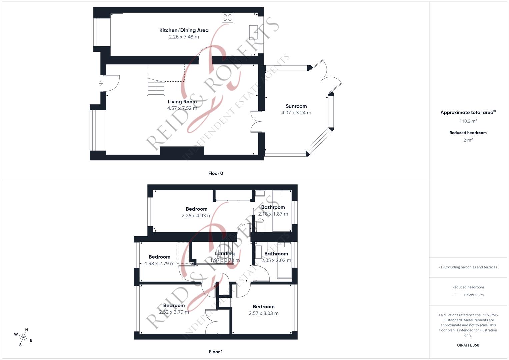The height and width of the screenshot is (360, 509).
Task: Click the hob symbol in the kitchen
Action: pos(228,18)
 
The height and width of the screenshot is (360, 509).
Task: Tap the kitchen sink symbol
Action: pos(253,33)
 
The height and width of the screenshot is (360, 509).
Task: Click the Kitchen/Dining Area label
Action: pos(184,30)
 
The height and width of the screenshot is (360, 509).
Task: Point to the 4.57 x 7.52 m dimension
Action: pos(182,108)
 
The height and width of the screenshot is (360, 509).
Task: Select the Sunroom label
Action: pos(296,106)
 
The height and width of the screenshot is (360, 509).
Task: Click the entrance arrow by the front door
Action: pos(101,83)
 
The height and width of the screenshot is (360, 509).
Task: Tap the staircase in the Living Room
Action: pos(156,87)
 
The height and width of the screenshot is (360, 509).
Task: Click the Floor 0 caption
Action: pos(216,173)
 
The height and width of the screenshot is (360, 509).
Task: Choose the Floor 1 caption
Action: pos(216,352)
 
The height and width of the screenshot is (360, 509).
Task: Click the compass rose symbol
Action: pos(24,337)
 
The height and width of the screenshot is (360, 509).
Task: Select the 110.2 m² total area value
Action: pos(468,121)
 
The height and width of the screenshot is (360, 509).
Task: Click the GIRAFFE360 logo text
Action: pos(468,345)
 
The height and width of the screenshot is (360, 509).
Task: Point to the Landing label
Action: pos(225,254)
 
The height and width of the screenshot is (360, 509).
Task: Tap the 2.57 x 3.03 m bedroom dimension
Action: pos(264,313)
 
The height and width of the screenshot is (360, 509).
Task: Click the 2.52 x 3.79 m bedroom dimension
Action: pos(174,312)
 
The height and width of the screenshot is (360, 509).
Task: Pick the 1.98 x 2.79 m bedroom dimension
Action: pos(159,264)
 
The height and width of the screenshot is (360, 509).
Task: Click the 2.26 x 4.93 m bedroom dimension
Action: pos(197,216)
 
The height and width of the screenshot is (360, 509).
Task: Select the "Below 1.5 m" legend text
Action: pos(474,295)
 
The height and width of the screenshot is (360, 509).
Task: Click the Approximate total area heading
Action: pos(467,113)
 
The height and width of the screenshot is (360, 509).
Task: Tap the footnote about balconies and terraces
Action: pos(468,267)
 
